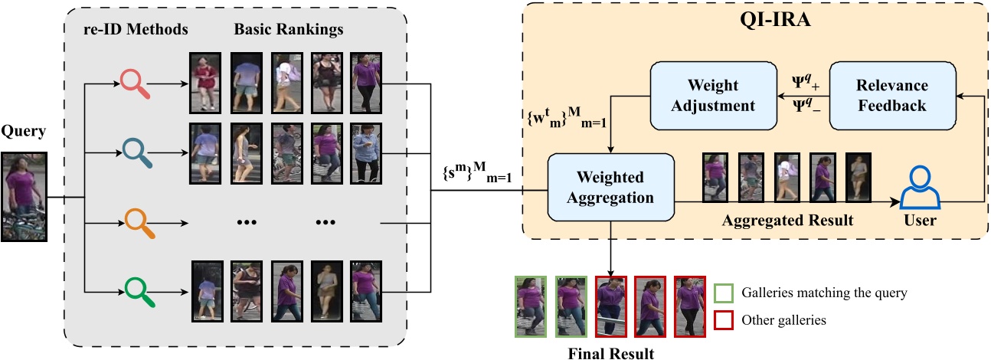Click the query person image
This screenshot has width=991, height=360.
(x=25, y=197)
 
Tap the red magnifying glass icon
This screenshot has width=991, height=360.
(x=135, y=83)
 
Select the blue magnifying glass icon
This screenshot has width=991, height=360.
(x=135, y=152)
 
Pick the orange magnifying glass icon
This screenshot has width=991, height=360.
(x=135, y=222)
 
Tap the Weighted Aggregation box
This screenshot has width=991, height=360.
(x=610, y=187)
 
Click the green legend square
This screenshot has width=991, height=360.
(x=722, y=293)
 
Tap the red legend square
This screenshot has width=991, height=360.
(x=722, y=320)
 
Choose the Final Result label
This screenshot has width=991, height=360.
(x=610, y=353)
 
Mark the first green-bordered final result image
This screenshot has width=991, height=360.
(x=531, y=306)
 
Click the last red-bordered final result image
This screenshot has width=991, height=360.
(x=690, y=306)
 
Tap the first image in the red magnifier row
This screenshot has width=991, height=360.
(x=205, y=83)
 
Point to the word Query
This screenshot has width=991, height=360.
(x=25, y=132)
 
